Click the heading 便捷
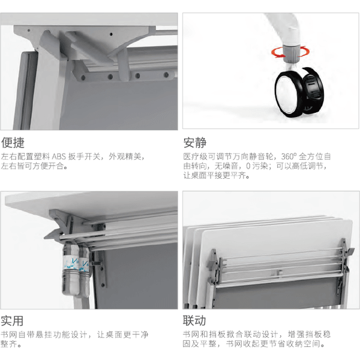13,143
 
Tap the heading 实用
13,320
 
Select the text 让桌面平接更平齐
217,176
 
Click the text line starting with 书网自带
75,334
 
